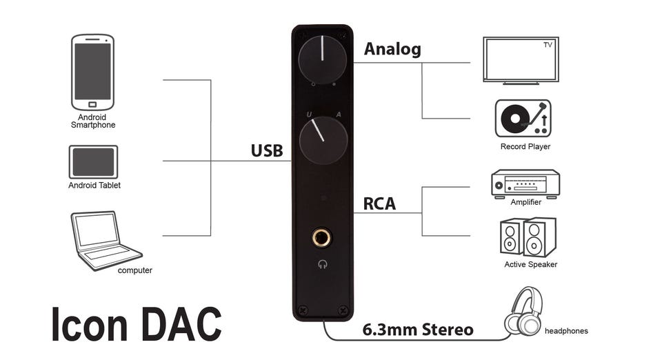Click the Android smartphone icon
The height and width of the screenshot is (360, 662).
pos(92,72)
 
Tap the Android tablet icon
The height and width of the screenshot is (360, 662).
pos(93,161)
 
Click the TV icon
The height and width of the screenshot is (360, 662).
pos(520,60)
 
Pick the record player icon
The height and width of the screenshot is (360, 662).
pos(523,119)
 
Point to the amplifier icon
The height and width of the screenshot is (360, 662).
pos(525,183)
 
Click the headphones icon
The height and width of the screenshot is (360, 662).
pos(523,313)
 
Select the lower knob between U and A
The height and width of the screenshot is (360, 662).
pos(323,139)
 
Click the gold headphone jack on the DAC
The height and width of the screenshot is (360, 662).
pos(321,239)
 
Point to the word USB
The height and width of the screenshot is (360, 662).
pos(267,150)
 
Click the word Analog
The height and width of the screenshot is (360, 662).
pos(392,49)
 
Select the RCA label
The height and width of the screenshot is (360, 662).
pos(379,204)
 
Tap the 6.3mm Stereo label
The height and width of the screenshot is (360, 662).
pos(418,330)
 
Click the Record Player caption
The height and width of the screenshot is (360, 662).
pos(525,147)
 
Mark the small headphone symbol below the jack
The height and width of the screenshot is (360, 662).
pos(322,263)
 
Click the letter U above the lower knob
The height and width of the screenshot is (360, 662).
pos(310,114)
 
